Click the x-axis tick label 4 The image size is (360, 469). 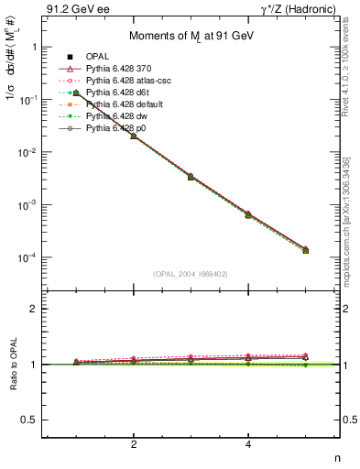[248, 445]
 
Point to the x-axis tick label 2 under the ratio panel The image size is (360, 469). [134, 445]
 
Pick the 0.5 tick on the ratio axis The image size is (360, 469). [30, 420]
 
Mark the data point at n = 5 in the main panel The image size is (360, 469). [305, 250]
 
